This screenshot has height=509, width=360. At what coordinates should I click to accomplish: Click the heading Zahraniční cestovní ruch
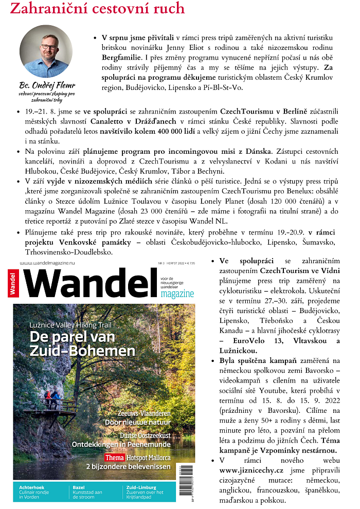click(x=97, y=9)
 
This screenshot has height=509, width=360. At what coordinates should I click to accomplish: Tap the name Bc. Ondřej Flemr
click(x=47, y=85)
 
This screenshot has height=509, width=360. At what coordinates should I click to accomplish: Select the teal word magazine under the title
click(x=176, y=294)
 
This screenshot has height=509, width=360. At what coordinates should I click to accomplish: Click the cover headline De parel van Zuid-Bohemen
click(x=82, y=344)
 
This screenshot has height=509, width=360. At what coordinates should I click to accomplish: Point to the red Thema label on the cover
click(x=115, y=457)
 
